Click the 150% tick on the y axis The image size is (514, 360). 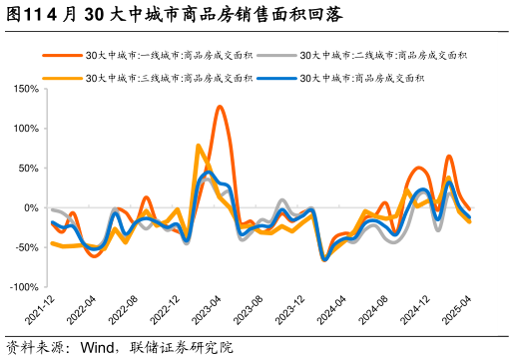click(x=24, y=89)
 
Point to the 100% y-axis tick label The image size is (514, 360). click(x=24, y=129)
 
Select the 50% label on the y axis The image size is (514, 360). click(x=27, y=169)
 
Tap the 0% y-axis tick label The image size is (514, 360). click(x=30, y=208)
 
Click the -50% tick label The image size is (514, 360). click(x=25, y=248)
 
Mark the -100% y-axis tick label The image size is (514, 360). click(x=22, y=287)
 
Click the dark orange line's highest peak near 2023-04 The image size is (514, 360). click(x=220, y=107)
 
